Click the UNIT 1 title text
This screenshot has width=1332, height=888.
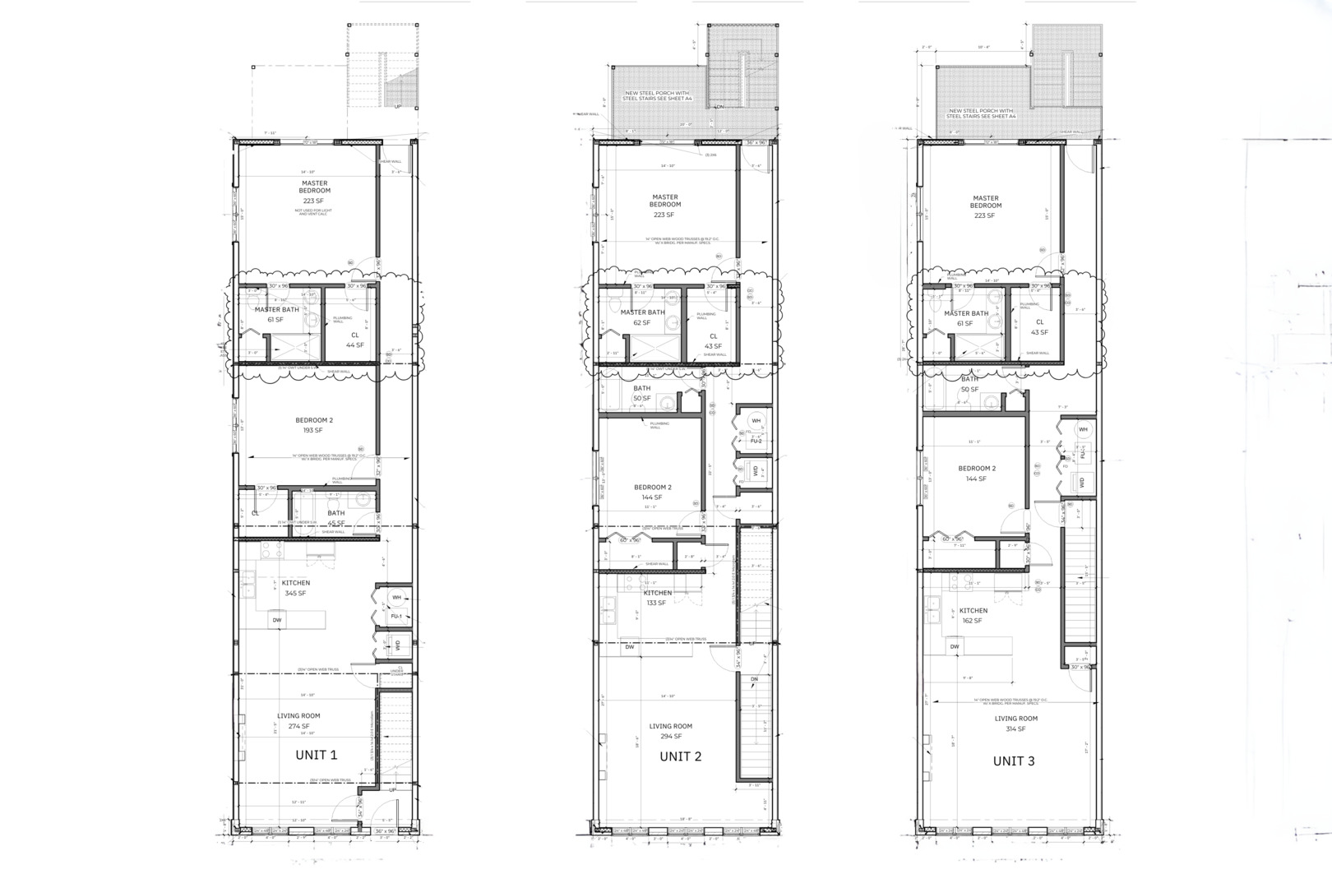pos(316,755)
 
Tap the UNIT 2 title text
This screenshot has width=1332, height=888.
pos(680,756)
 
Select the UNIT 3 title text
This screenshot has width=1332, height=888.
pos(1014,761)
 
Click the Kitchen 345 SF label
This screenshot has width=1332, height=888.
pos(296,588)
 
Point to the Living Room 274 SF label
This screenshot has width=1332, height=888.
pos(298,721)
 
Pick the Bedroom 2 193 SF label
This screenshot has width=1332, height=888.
pos(314,425)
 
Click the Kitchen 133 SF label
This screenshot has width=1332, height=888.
pos(657,598)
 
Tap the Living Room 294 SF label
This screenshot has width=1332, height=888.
pos(671,731)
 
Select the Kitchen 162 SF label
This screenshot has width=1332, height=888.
pos(974,616)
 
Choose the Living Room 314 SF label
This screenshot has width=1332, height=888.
pos(1015,724)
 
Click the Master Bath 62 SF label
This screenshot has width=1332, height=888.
pos(642,317)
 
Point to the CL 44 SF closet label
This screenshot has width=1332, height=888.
pos(355,340)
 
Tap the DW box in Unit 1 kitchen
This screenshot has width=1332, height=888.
pos(277,620)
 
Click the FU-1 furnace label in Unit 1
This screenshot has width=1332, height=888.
pos(396,616)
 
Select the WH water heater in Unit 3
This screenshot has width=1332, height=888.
pos(1083,430)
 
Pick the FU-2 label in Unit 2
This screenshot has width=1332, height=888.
pos(756,442)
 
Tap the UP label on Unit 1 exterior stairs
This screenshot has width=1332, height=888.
pos(398,106)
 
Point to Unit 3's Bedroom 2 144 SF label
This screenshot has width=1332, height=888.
pos(977,474)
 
